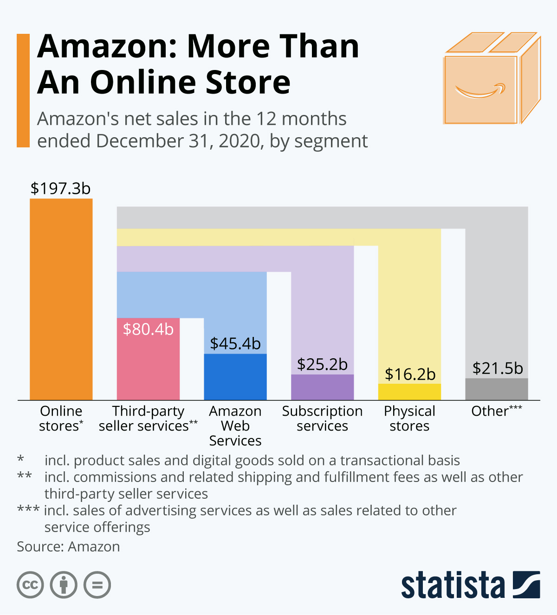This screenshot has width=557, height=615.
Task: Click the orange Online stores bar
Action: point(61,299)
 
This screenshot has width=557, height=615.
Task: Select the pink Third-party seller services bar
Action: point(148,366)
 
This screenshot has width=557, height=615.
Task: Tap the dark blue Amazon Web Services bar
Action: point(235,377)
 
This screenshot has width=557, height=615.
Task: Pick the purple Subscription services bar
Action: point(322,387)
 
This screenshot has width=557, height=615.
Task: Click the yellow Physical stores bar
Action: point(409,392)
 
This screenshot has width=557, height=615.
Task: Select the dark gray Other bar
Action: point(496,389)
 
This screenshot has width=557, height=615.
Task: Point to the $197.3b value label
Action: point(60,189)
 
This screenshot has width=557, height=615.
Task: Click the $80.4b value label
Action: point(148,329)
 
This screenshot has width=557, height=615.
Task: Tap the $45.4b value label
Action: point(235,343)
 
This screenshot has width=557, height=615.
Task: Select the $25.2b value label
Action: point(322,364)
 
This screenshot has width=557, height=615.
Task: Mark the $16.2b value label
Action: point(410,374)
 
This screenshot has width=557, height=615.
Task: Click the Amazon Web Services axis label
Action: point(235,425)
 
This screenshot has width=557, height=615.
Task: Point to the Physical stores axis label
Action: point(409,418)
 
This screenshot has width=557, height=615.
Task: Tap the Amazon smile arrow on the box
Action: point(480,91)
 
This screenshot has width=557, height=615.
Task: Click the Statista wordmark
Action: point(453,585)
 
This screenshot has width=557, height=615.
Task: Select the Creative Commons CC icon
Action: point(30,585)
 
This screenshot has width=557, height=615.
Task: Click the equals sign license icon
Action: point(97,585)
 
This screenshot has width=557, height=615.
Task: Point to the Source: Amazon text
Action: point(68,547)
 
